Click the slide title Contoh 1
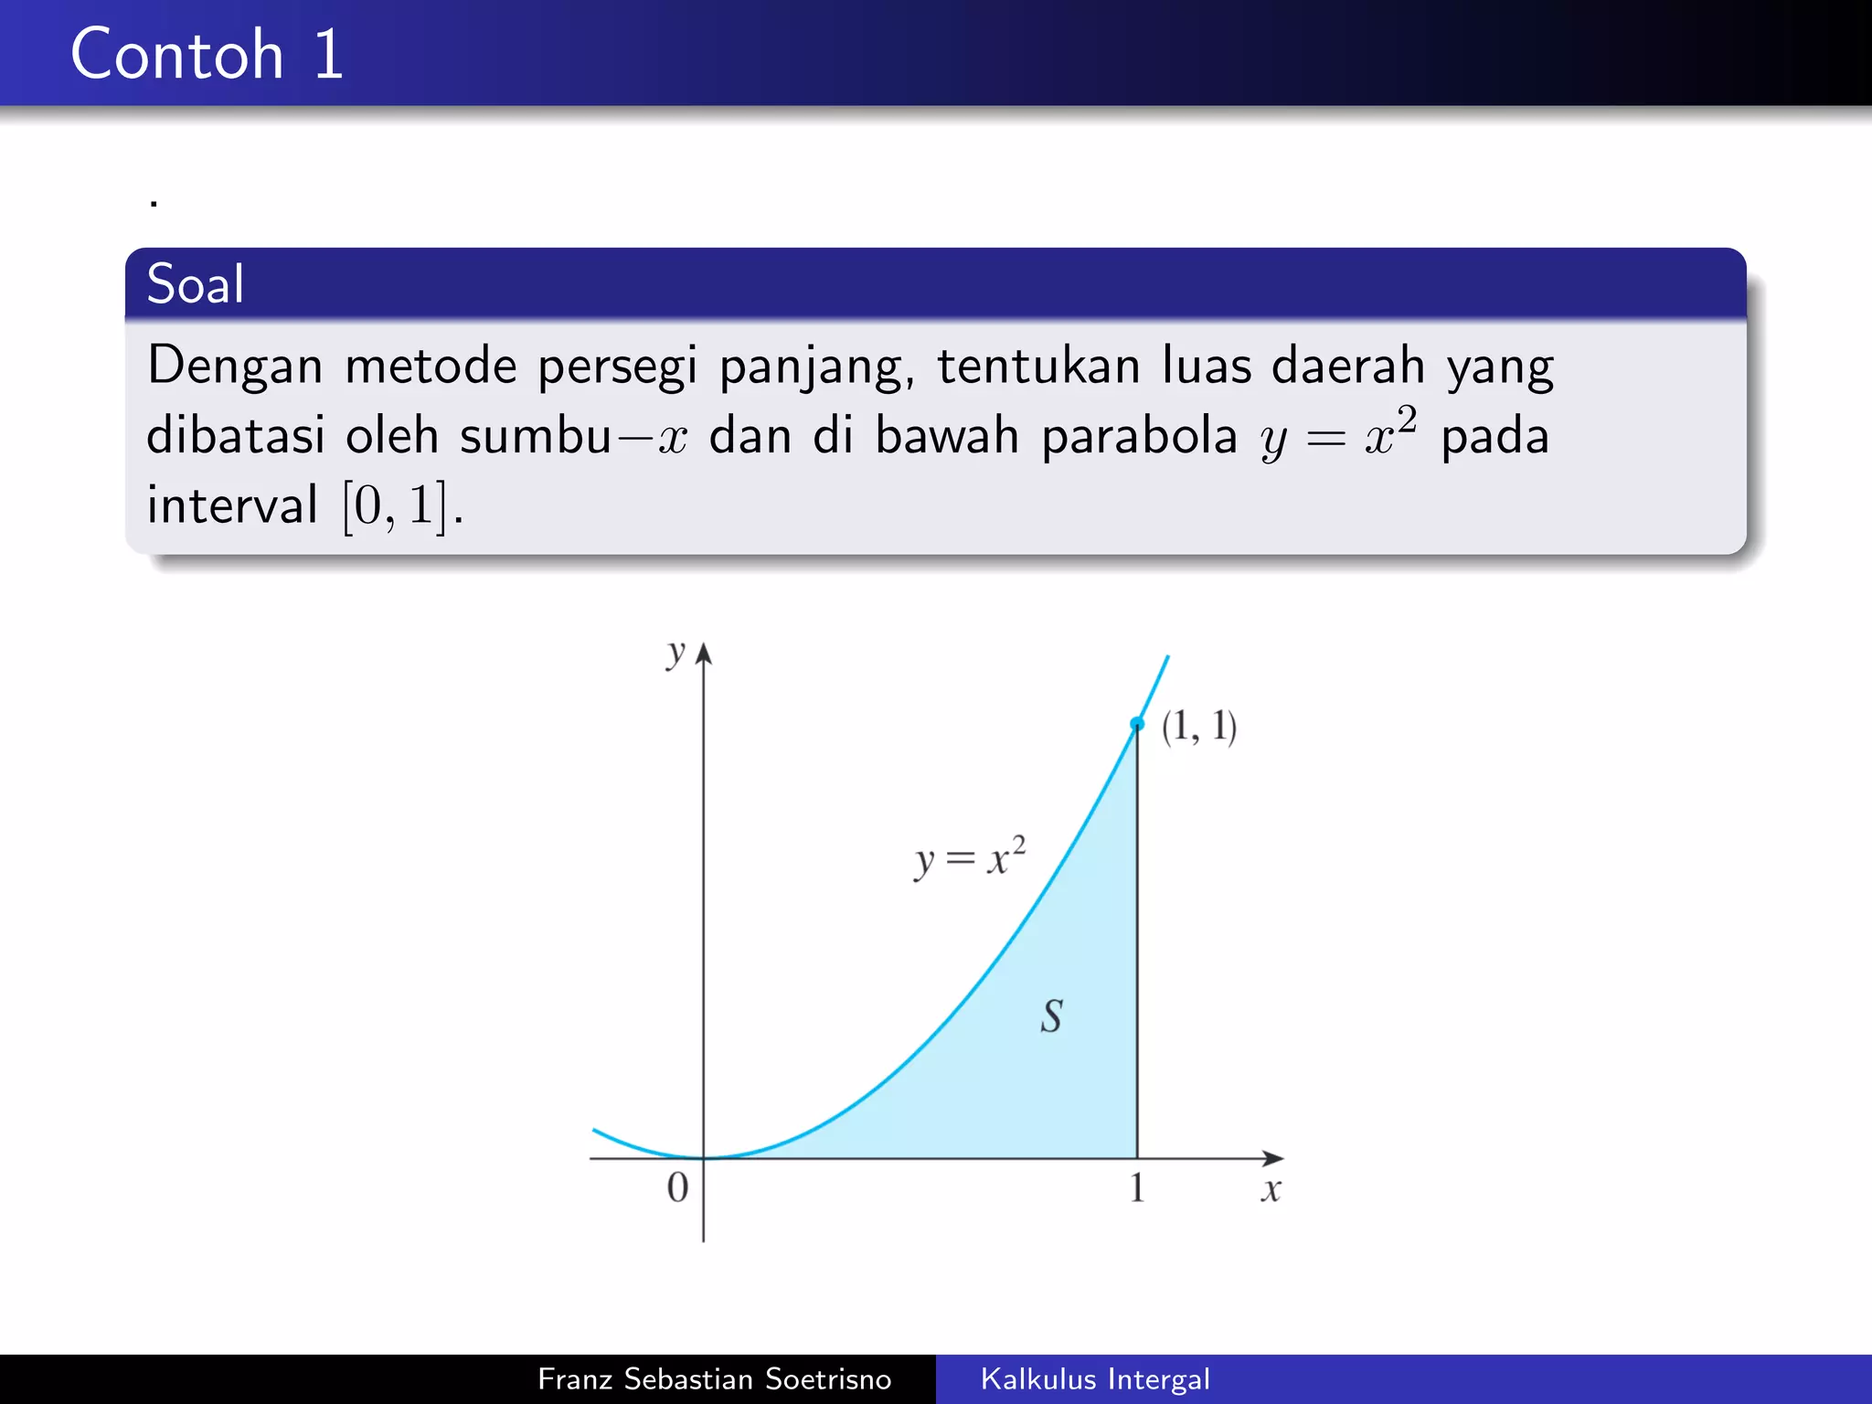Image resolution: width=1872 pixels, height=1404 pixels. [x=207, y=54]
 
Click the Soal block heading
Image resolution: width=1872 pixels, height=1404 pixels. [x=196, y=283]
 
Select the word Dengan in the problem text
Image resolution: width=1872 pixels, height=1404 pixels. [x=235, y=366]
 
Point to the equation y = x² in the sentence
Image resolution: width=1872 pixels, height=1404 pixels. [x=1338, y=434]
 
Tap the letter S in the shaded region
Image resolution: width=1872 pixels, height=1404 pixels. [x=1051, y=1016]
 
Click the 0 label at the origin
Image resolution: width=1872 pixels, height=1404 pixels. [x=677, y=1187]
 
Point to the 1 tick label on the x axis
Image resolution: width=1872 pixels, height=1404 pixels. [x=1136, y=1188]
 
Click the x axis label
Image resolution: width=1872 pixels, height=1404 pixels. [x=1271, y=1190]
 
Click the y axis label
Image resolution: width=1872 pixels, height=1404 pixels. [x=675, y=653]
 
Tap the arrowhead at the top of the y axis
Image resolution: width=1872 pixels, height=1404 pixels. [x=703, y=653]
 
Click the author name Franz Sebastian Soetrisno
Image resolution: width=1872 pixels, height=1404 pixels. [x=714, y=1378]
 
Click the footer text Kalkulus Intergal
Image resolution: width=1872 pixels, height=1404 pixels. [x=1095, y=1378]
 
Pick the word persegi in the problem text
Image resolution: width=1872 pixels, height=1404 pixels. [x=617, y=366]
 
